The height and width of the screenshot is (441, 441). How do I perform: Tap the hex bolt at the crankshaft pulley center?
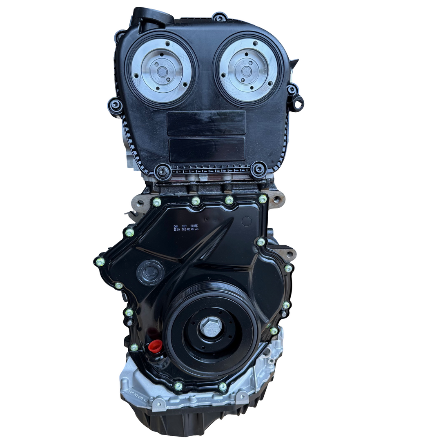(212, 327)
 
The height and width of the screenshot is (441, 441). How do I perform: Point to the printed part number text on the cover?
(186, 228)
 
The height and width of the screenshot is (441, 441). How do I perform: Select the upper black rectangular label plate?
(206, 123)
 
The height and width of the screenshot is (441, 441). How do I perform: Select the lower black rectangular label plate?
(207, 149)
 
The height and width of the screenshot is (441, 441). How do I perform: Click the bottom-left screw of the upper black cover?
(163, 171)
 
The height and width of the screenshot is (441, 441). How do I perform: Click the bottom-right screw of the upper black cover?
(258, 169)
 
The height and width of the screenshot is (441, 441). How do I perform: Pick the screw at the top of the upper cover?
(219, 17)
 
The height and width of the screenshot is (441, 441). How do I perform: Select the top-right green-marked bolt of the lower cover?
(263, 199)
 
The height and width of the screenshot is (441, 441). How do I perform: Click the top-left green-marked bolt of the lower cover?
(157, 202)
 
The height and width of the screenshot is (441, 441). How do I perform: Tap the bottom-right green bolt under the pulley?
(223, 386)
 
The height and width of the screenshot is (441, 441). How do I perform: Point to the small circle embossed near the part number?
(246, 221)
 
